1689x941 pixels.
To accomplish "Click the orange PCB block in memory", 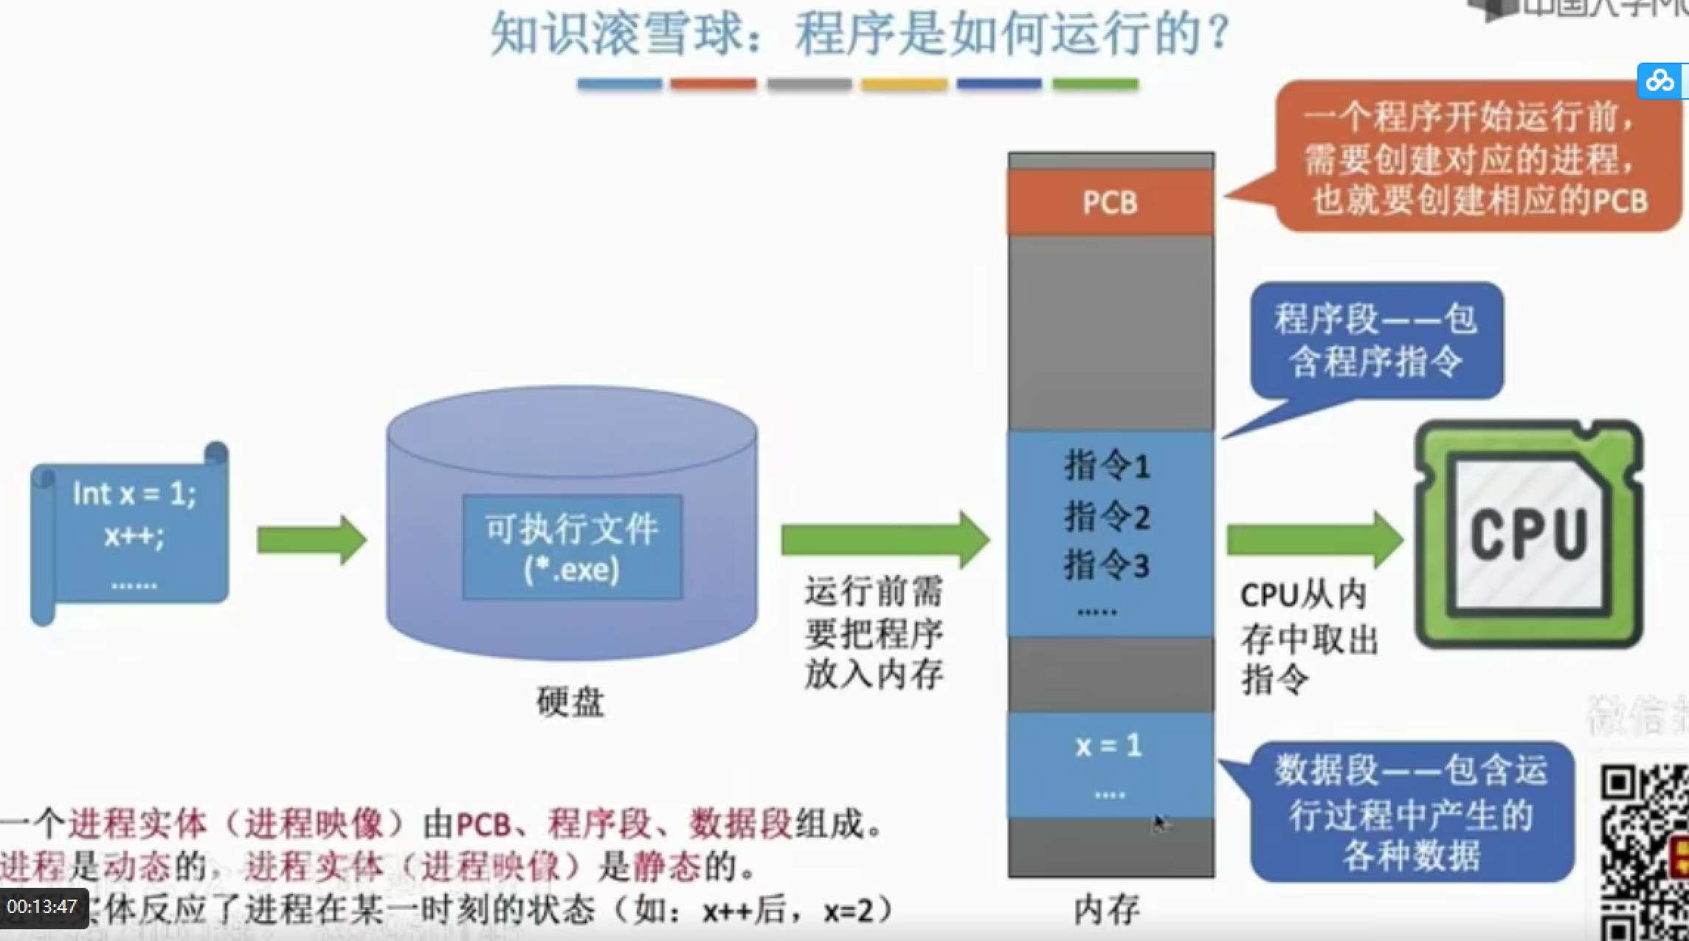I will tap(1111, 202).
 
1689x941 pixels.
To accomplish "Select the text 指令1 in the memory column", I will tap(1108, 466).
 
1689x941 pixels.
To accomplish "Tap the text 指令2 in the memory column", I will tap(1108, 517).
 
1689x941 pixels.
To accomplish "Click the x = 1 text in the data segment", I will tap(1109, 746).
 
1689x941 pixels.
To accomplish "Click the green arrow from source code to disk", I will tap(311, 540).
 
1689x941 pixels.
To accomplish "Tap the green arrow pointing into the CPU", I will tap(1314, 540).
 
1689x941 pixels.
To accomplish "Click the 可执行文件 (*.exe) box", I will tap(572, 548).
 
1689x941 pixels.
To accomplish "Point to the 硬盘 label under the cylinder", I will tap(570, 702).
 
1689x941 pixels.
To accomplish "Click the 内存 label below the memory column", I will tap(1107, 910).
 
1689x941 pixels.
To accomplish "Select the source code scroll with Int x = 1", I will tap(131, 535).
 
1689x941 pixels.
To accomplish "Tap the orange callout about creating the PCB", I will tap(1476, 158).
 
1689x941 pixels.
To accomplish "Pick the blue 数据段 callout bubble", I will tap(1412, 813).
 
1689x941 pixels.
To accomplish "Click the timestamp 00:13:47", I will tap(43, 907).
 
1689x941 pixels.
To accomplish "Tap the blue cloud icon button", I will tap(1660, 80).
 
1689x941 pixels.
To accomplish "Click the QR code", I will tap(1644, 852).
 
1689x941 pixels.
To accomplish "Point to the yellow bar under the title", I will tap(904, 84).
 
